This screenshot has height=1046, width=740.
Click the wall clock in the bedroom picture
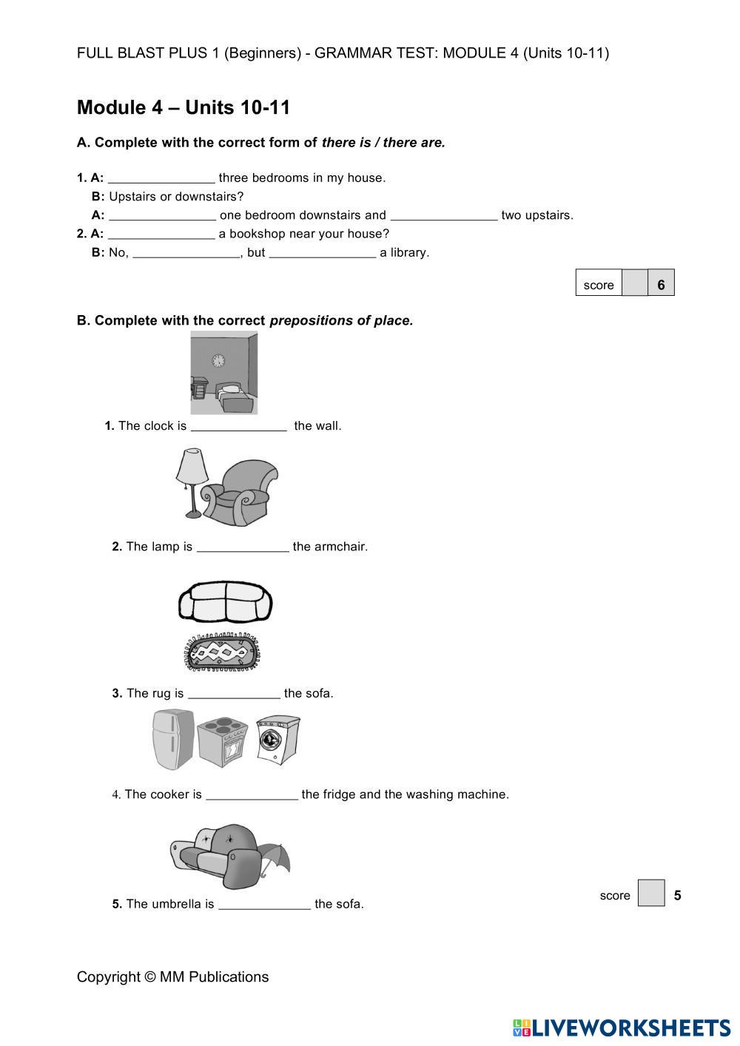coord(218,360)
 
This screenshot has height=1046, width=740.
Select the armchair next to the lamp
coord(241,492)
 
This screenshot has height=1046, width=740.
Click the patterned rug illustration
coord(223,653)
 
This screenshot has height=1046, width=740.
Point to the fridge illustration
coord(173,739)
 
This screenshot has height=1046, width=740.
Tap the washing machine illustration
coord(277,738)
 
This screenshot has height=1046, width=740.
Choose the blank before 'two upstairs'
coord(444,215)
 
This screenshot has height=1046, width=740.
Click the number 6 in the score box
coord(661,284)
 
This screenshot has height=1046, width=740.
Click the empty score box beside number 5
coord(651,893)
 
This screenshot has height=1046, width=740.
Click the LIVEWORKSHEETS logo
coord(622,1028)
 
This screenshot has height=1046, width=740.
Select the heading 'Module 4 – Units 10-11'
coord(184,108)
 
